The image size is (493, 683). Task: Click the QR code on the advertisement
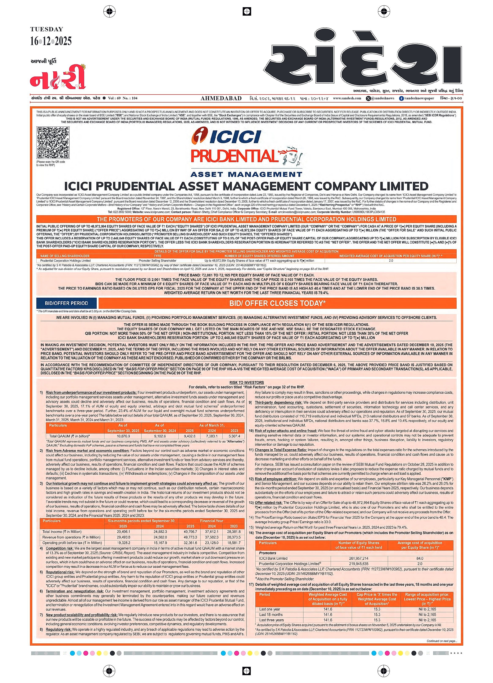point(53,143)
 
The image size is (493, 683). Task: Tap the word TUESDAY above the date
point(47,29)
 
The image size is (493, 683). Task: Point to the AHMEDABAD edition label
point(221,98)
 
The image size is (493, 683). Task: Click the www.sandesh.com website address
point(347,98)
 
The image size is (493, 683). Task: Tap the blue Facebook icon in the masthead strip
point(401,98)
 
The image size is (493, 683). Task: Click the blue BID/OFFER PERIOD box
point(67,303)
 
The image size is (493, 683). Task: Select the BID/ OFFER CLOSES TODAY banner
point(277,303)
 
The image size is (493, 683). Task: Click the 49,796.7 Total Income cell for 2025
point(190,531)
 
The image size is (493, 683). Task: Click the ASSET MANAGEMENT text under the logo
point(246,174)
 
